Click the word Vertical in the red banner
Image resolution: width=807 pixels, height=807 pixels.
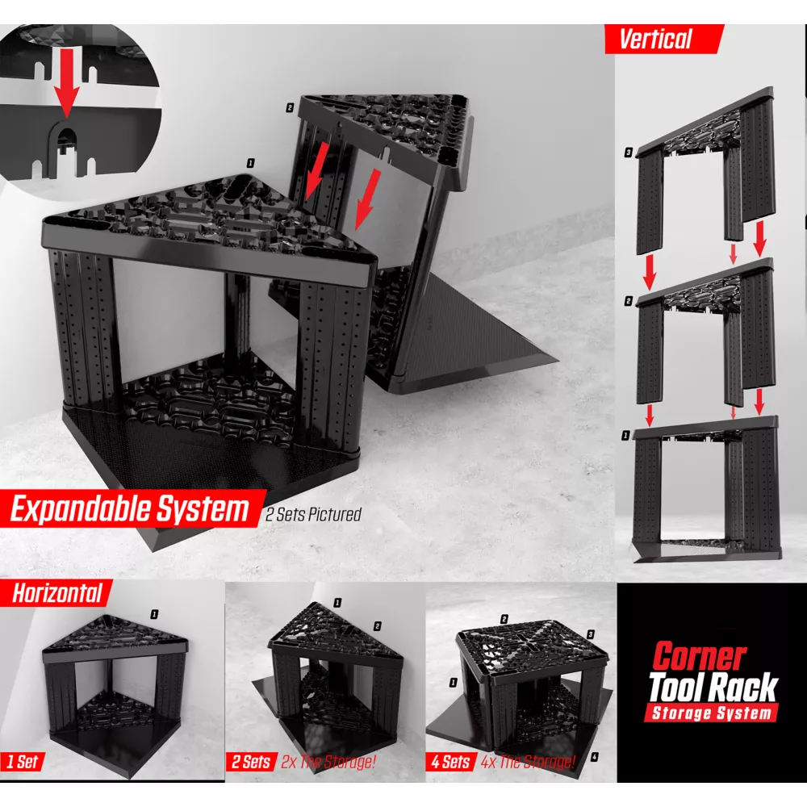(x=655, y=39)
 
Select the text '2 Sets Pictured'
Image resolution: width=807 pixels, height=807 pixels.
(x=313, y=514)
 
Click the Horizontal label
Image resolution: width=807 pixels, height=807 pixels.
(x=57, y=593)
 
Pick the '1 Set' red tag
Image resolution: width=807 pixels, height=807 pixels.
(x=22, y=761)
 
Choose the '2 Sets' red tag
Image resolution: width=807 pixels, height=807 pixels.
(x=251, y=762)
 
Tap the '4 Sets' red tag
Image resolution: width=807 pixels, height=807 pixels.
(x=450, y=762)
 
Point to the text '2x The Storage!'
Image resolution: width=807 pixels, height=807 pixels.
(x=328, y=762)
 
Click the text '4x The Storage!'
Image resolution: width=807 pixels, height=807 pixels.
(x=528, y=762)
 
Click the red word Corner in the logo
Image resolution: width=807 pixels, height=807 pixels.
(x=700, y=656)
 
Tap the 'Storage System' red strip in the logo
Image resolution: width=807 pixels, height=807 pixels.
(x=712, y=713)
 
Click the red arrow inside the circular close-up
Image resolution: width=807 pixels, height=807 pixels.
(x=66, y=83)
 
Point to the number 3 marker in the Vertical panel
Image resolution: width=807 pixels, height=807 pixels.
(x=629, y=153)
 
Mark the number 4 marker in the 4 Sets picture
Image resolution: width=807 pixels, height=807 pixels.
(x=595, y=757)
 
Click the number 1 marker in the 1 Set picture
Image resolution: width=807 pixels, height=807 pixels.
(x=154, y=614)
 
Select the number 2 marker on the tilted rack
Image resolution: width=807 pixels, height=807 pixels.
(x=290, y=107)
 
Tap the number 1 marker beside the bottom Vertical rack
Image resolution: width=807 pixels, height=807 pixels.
(x=626, y=436)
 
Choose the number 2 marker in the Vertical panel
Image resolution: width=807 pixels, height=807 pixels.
(x=629, y=300)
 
